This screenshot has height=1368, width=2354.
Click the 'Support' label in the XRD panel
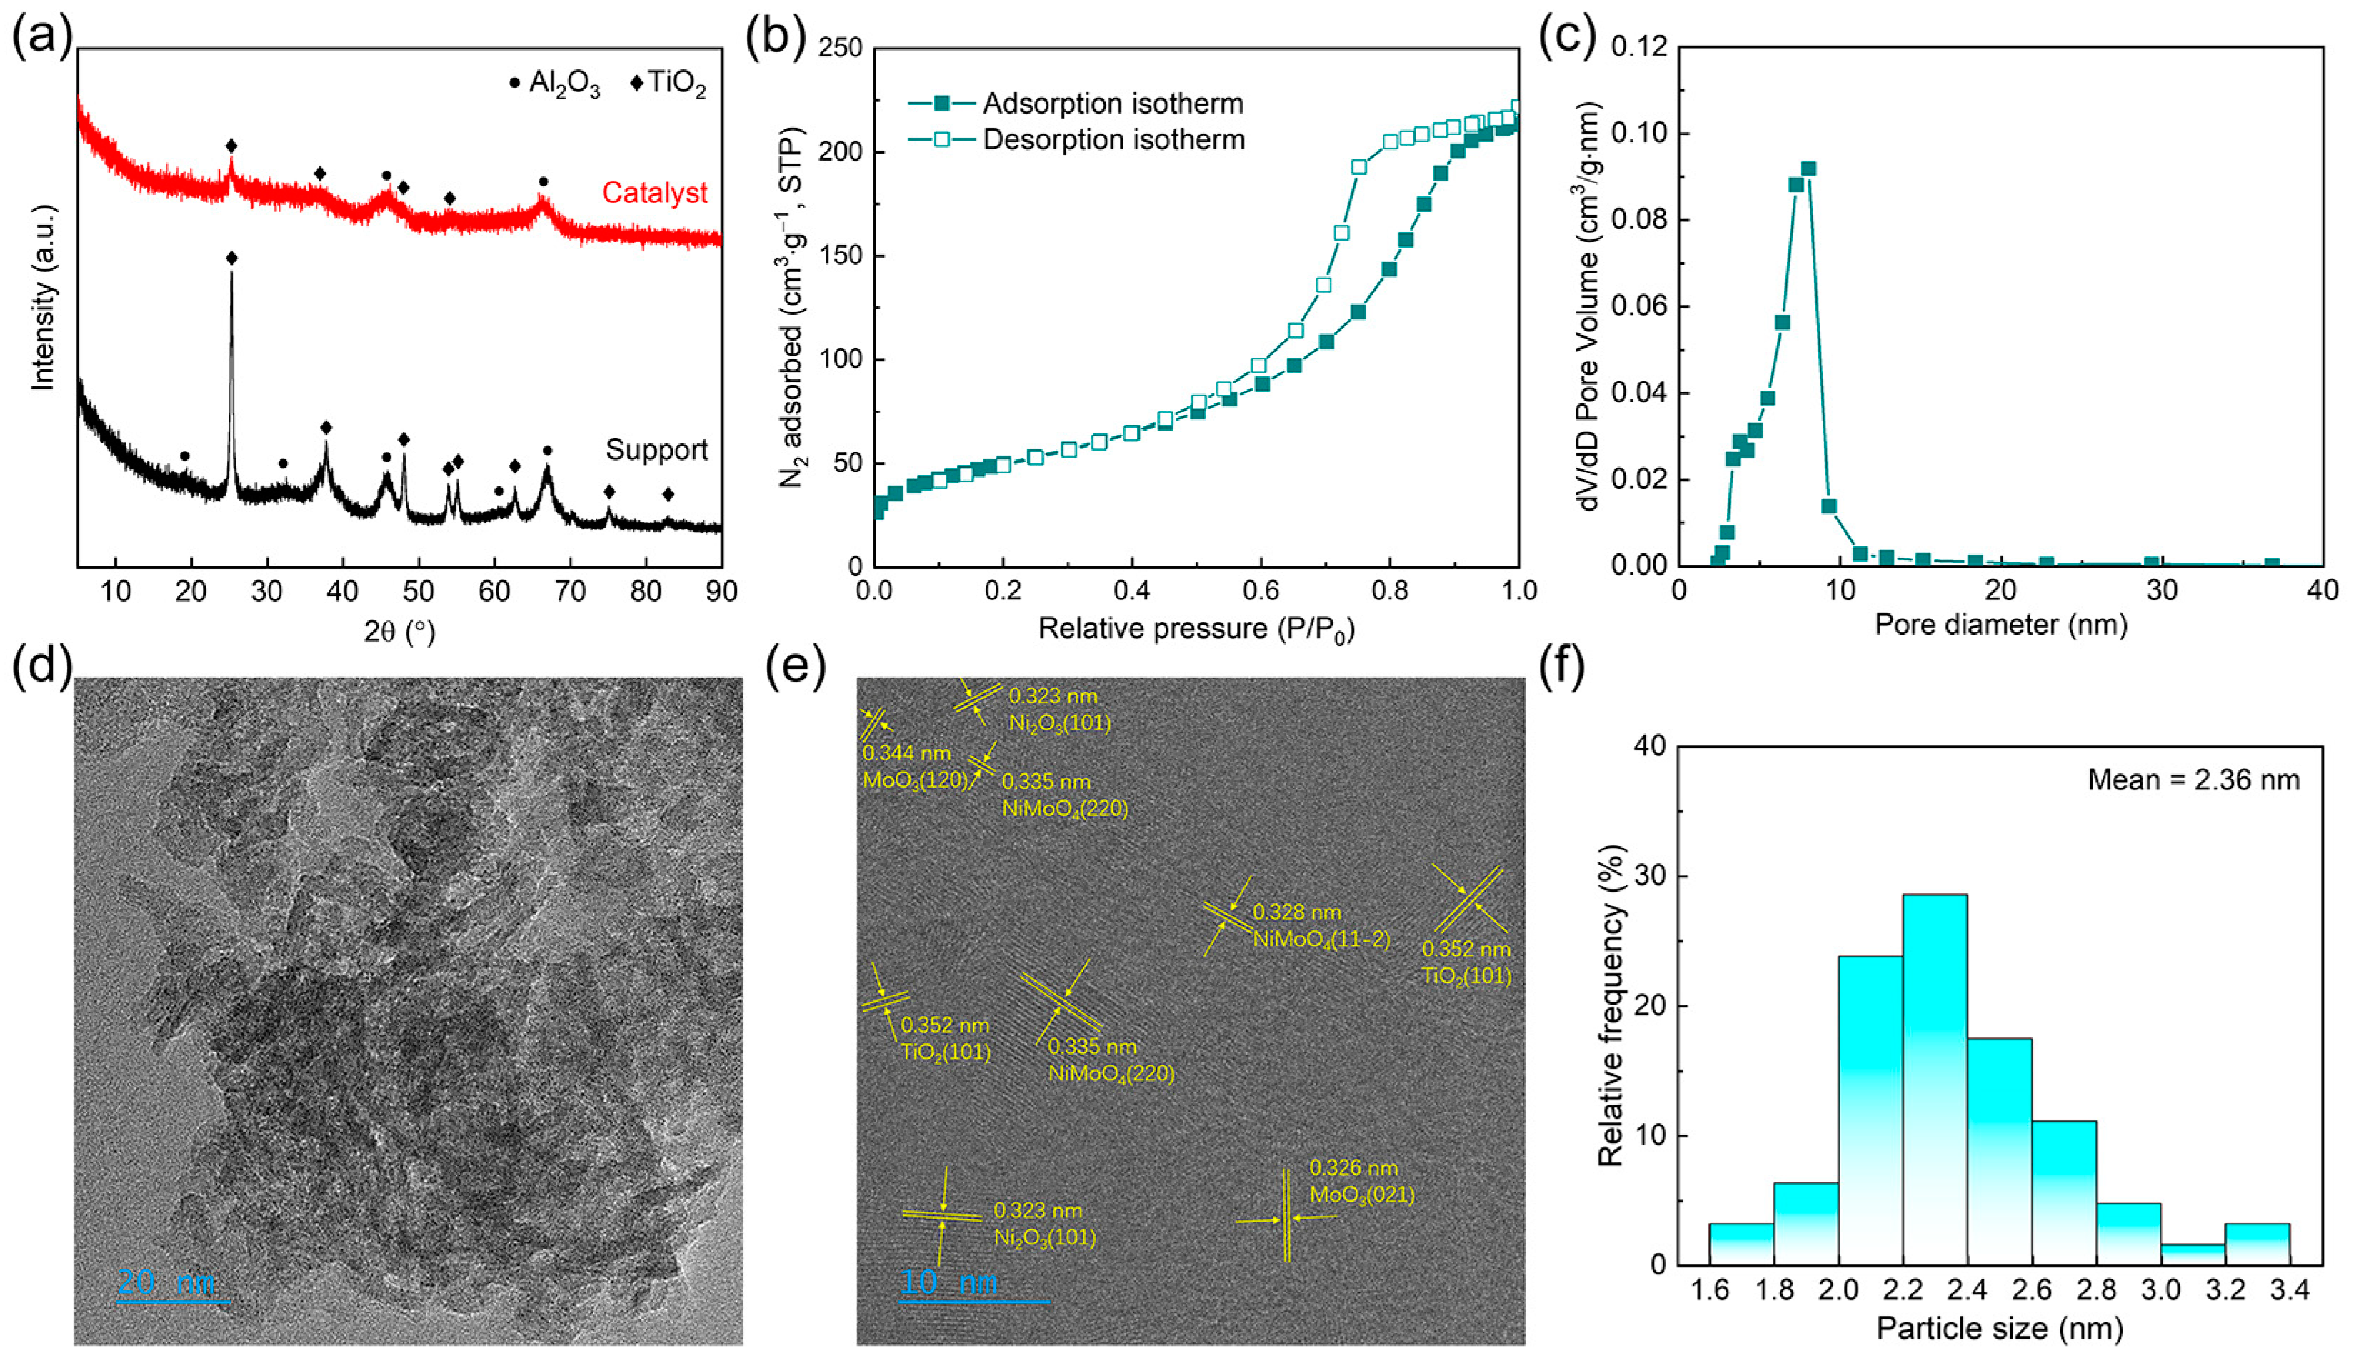tap(656, 449)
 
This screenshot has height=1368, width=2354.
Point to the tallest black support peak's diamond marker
tap(231, 258)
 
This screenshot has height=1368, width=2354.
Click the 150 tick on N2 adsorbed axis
tap(840, 256)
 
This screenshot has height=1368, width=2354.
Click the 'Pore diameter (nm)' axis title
tap(2001, 624)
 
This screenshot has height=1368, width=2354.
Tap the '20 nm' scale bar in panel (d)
tap(172, 1287)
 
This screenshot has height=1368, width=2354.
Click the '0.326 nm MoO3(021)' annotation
tap(1360, 1181)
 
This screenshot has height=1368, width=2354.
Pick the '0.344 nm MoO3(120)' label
tap(913, 765)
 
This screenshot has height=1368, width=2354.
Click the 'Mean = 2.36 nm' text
tap(2193, 780)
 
